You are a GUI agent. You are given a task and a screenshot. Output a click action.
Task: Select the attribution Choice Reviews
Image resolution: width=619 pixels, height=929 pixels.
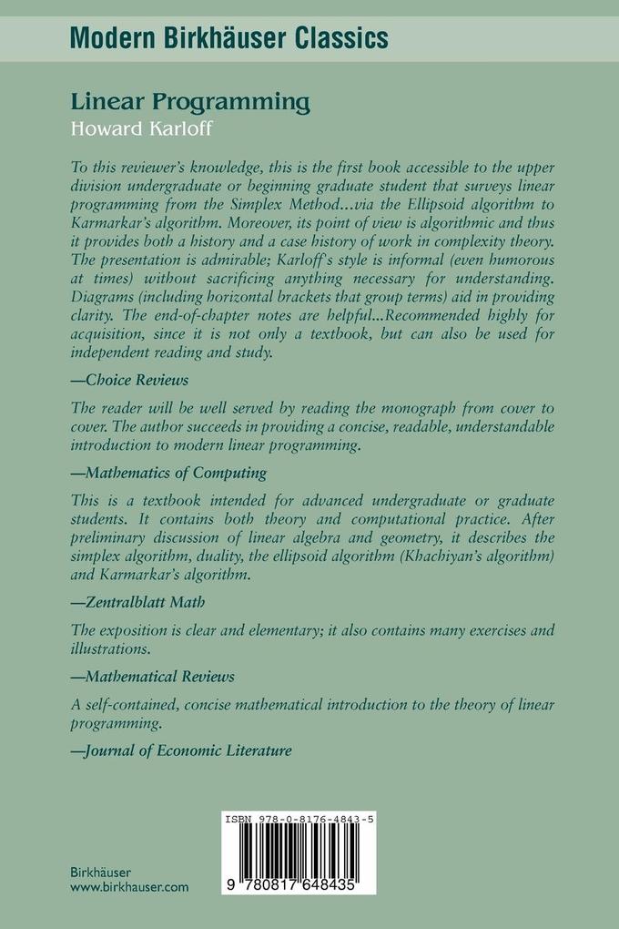point(129,379)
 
